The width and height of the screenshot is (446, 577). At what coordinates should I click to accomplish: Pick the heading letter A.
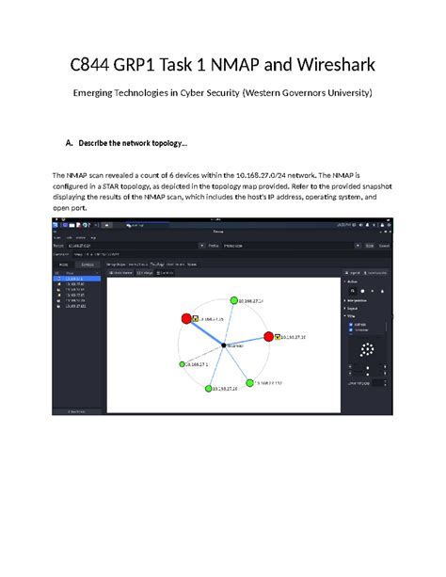[69, 143]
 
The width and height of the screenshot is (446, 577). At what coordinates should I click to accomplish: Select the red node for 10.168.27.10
[268, 337]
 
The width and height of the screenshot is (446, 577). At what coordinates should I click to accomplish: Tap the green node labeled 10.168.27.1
[181, 363]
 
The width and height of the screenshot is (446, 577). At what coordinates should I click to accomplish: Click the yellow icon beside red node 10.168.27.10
[278, 337]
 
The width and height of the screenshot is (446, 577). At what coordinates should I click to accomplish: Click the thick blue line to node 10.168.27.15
[204, 333]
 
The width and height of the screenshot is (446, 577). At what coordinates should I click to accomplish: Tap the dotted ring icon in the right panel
[367, 352]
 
